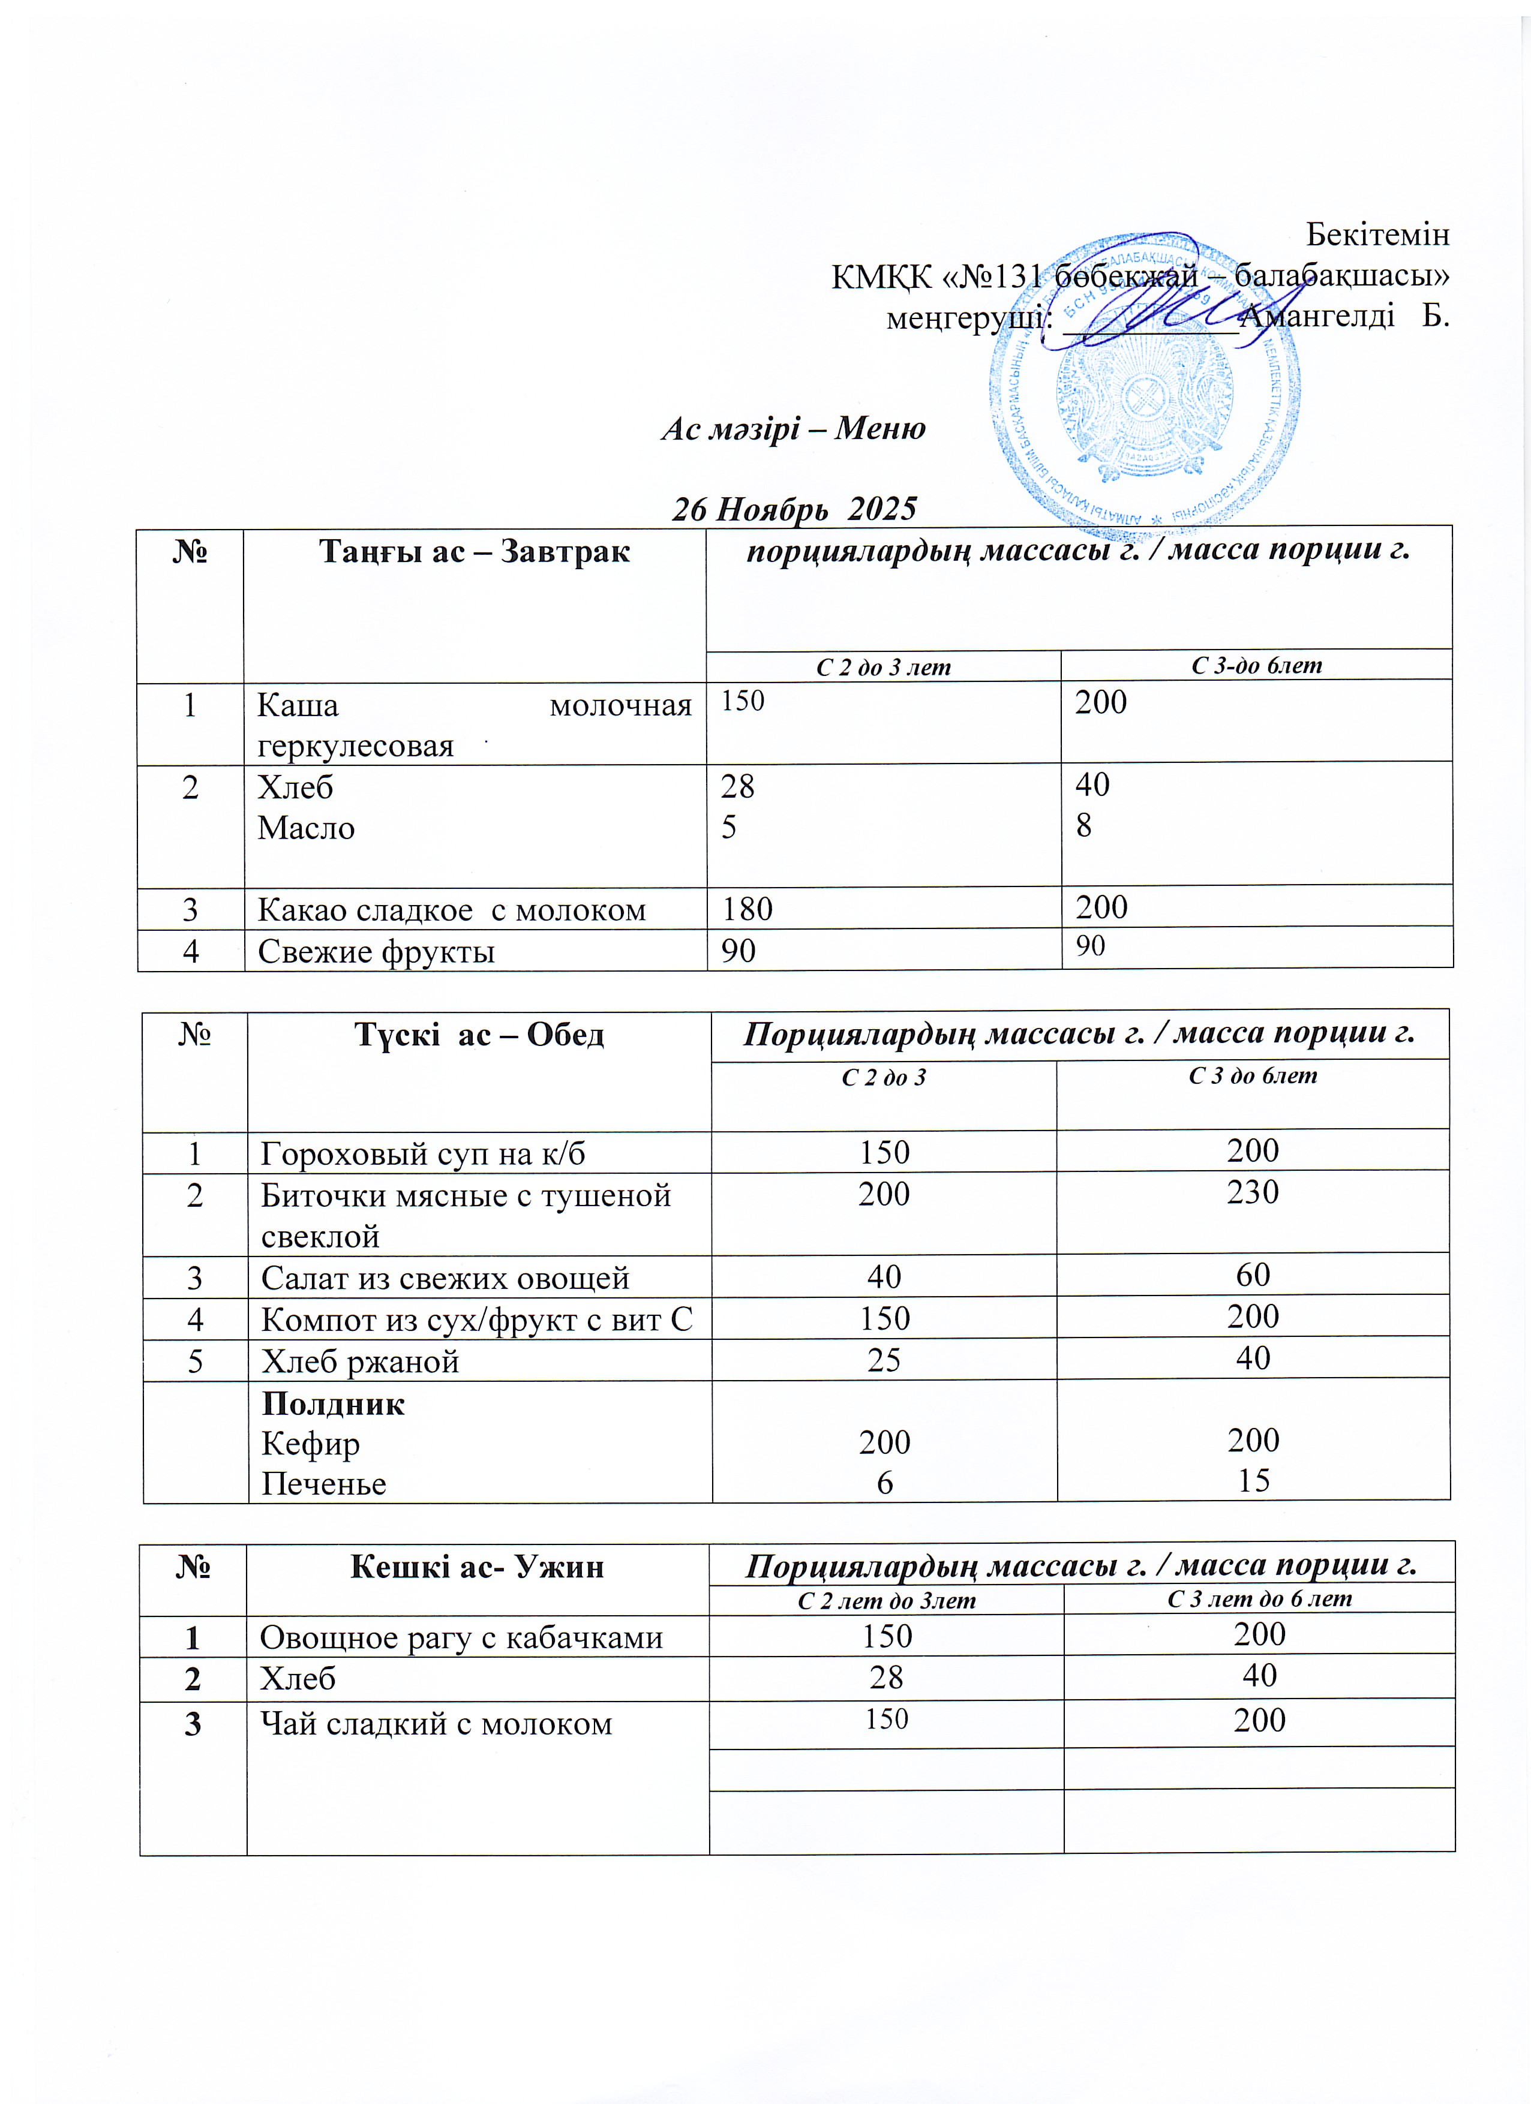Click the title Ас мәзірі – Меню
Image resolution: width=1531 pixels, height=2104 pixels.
[793, 429]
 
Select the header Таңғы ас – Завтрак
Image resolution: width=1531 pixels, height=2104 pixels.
[474, 552]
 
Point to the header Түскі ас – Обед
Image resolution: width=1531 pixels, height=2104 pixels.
[479, 1035]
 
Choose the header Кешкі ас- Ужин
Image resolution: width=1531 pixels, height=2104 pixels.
[477, 1567]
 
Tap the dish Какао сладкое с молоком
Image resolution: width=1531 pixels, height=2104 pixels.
[451, 910]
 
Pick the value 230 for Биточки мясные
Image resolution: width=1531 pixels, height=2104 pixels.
[1253, 1192]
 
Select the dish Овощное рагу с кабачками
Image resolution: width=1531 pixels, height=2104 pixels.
[461, 1639]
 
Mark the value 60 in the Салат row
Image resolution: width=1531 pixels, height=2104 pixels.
[1253, 1276]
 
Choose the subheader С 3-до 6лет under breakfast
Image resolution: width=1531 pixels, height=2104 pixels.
[1256, 665]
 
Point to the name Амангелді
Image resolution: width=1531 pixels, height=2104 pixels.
[1317, 316]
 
